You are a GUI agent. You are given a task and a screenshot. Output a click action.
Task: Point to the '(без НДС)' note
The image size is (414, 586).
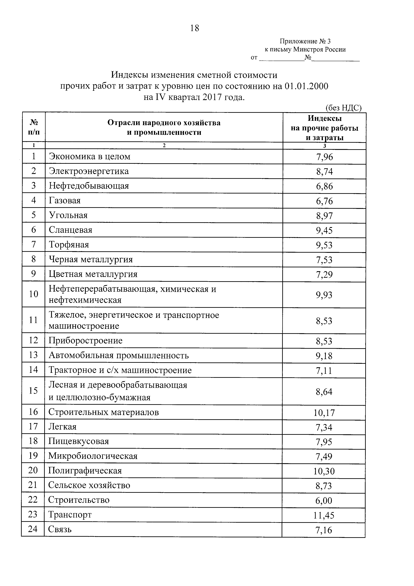coord(343,108)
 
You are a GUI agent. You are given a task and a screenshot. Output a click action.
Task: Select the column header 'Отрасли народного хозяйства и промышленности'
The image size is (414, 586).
coord(164,127)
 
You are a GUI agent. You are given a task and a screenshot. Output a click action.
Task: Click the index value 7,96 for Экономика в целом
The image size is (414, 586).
coord(324,157)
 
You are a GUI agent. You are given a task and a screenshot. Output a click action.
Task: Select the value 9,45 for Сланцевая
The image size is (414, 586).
coord(324,230)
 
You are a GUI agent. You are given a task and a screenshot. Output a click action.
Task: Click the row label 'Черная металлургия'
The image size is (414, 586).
coord(91,259)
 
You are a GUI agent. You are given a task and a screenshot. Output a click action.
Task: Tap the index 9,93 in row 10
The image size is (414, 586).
coord(324,295)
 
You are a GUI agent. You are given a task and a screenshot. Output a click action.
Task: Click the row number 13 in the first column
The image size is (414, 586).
coord(33,355)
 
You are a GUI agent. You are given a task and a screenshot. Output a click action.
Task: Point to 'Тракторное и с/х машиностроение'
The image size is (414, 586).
coord(120,370)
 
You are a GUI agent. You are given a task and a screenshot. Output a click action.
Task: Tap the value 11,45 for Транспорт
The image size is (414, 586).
coord(324,515)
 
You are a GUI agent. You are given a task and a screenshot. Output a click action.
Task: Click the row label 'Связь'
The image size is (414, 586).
coord(60,529)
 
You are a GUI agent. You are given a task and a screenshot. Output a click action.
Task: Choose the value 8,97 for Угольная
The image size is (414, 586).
coord(324,216)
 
